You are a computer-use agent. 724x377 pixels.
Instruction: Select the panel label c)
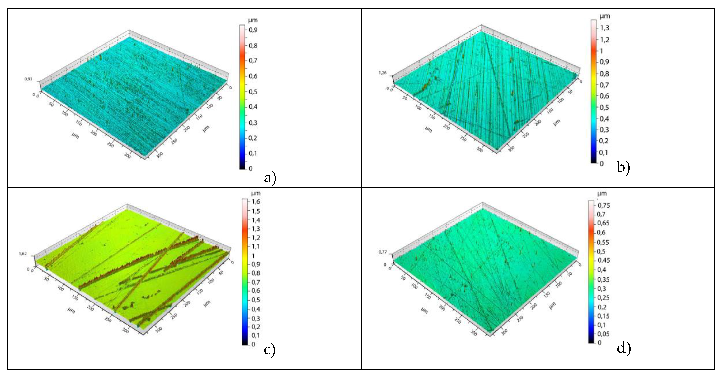point(270,350)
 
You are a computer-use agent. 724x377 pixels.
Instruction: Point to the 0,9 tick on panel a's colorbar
point(253,30)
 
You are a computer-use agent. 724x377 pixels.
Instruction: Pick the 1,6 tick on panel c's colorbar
point(256,201)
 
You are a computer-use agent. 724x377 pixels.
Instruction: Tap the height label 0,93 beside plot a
point(28,79)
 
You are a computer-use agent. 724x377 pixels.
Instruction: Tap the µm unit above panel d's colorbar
point(602,194)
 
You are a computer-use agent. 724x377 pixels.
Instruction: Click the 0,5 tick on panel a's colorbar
point(253,92)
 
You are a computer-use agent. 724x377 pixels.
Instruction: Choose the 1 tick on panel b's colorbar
point(601,51)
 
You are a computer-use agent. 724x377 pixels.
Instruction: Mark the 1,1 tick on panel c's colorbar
point(256,246)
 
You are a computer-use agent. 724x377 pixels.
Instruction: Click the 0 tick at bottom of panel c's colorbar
point(253,344)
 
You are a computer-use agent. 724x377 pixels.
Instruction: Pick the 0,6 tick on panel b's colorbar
point(604,96)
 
